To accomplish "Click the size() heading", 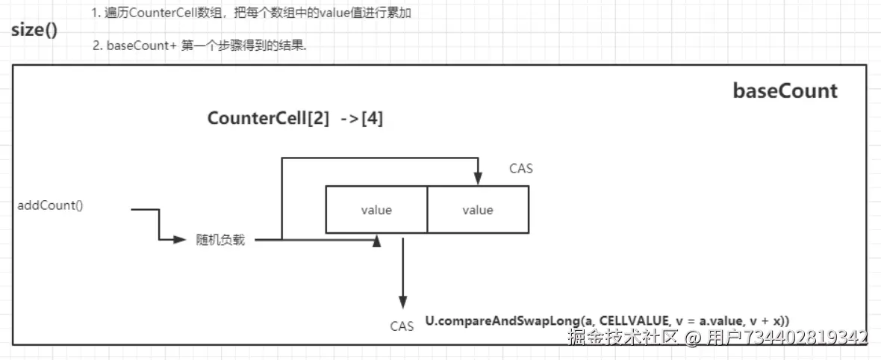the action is click(34, 29).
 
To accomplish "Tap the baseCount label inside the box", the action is click(785, 90).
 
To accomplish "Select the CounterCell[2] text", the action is click(269, 119).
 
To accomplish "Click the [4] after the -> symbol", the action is click(372, 119).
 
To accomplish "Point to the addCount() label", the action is click(51, 205).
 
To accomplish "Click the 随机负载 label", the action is click(220, 240).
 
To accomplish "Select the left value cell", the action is click(376, 209).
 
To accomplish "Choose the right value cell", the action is click(478, 209).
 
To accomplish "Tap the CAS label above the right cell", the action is click(521, 168).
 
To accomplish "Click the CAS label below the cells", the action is click(402, 326).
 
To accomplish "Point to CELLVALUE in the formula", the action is click(635, 320).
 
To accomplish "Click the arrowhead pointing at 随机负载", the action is click(180, 240).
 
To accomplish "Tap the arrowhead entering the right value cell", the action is click(478, 179).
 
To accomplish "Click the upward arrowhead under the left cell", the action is click(376, 240).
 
